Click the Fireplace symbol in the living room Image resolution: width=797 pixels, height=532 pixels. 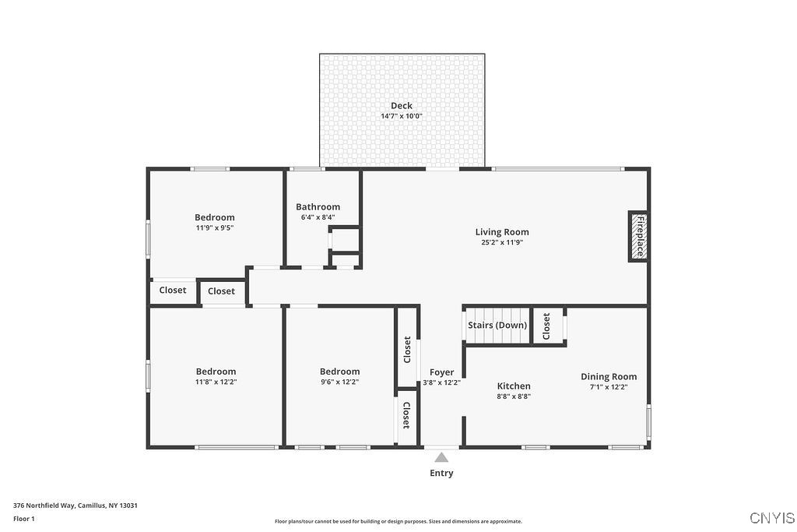click(638, 237)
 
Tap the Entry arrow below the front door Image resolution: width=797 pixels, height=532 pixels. click(441, 458)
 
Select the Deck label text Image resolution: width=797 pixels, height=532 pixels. click(402, 106)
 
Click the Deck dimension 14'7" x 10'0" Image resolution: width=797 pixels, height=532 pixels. click(402, 116)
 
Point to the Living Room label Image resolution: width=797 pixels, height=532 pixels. click(502, 232)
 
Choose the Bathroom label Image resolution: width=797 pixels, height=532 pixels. click(318, 207)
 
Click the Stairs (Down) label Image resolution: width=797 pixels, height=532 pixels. click(497, 325)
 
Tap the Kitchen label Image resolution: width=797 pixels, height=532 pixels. click(514, 386)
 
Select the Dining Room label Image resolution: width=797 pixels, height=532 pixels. click(609, 377)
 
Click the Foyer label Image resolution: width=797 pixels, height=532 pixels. click(441, 372)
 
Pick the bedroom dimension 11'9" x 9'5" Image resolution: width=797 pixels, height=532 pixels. click(215, 228)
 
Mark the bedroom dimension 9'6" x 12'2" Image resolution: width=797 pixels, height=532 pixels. click(339, 382)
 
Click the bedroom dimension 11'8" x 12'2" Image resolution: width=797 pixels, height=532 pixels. click(216, 382)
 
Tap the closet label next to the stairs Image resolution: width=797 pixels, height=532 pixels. click(546, 325)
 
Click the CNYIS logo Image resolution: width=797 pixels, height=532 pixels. click(772, 518)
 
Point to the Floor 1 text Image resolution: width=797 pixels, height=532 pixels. click(24, 518)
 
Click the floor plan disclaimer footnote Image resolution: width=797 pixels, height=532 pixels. click(398, 522)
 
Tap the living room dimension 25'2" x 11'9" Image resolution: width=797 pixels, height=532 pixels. click(502, 242)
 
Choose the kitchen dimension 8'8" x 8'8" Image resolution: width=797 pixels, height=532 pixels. click(514, 396)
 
